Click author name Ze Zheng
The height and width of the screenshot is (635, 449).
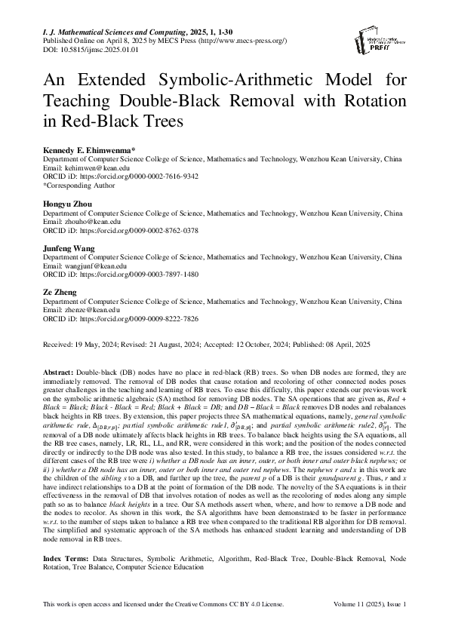(60, 290)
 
